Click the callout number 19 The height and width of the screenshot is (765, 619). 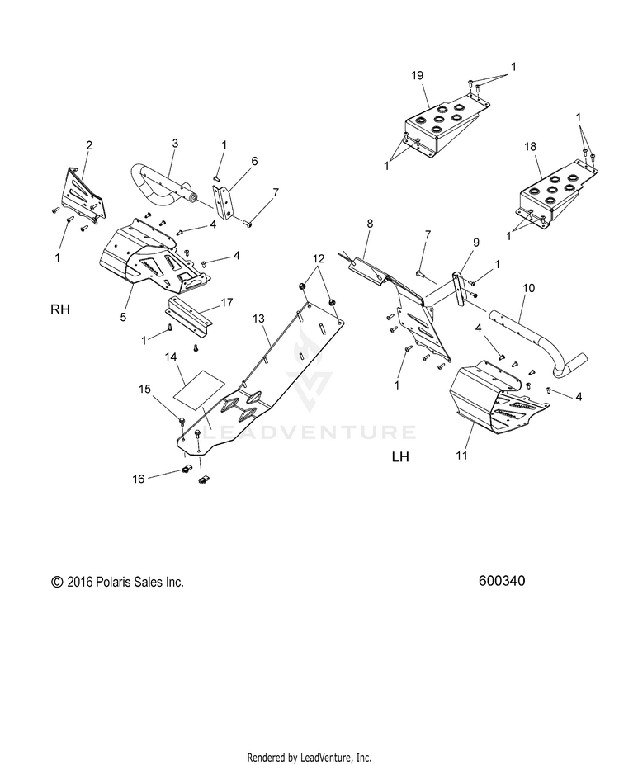(x=417, y=75)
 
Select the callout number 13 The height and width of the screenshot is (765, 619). (x=258, y=318)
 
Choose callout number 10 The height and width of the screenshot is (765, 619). (x=528, y=288)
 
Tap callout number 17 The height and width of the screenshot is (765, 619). (x=226, y=303)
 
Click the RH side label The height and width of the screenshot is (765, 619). (x=60, y=311)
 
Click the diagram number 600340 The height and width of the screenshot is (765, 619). (x=501, y=581)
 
